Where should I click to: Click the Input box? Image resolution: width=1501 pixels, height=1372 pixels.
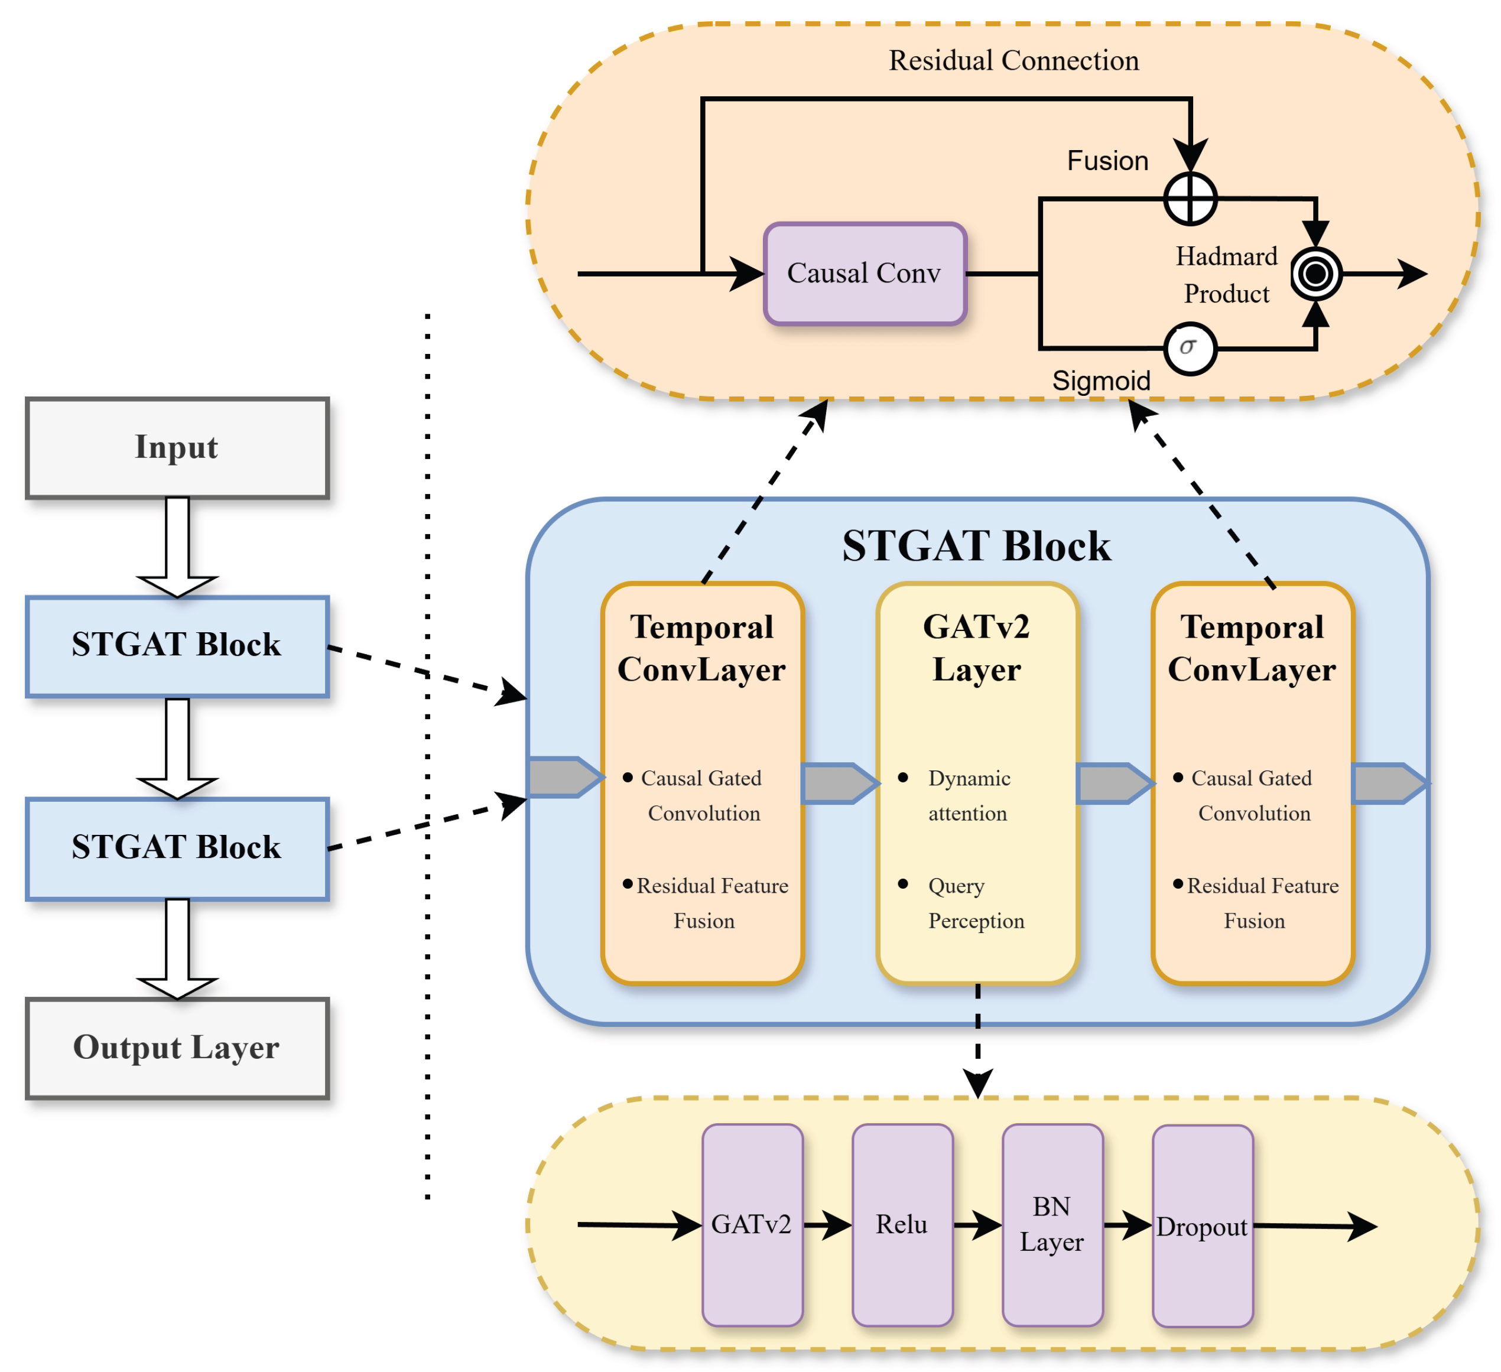[x=177, y=447]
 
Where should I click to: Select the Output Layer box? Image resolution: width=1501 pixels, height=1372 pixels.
[x=177, y=1048]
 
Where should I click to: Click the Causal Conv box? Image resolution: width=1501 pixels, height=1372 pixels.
[x=865, y=273]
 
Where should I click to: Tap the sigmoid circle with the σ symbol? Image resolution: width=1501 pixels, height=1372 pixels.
[x=1189, y=347]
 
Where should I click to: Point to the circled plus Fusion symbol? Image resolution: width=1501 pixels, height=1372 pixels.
[x=1190, y=199]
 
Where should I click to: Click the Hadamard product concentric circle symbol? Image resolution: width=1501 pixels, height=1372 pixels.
[x=1315, y=274]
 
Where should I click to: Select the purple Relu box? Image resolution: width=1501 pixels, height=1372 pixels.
[x=902, y=1225]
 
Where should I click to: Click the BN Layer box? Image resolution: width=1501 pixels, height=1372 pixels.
[x=1052, y=1225]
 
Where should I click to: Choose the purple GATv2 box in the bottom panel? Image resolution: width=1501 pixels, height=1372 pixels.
[x=752, y=1225]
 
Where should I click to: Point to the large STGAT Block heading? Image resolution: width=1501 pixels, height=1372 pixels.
[x=976, y=546]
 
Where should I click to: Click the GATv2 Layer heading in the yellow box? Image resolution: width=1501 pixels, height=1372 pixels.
[x=976, y=648]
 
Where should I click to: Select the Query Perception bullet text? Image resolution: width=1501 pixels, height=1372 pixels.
[x=975, y=903]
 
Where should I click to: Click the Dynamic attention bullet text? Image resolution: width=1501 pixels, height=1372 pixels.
[x=968, y=795]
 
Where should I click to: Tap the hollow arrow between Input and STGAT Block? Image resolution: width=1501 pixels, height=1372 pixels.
[x=177, y=547]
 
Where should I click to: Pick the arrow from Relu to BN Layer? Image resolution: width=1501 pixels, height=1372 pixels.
[x=977, y=1225]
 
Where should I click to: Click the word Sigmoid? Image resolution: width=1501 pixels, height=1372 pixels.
[x=1100, y=381]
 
